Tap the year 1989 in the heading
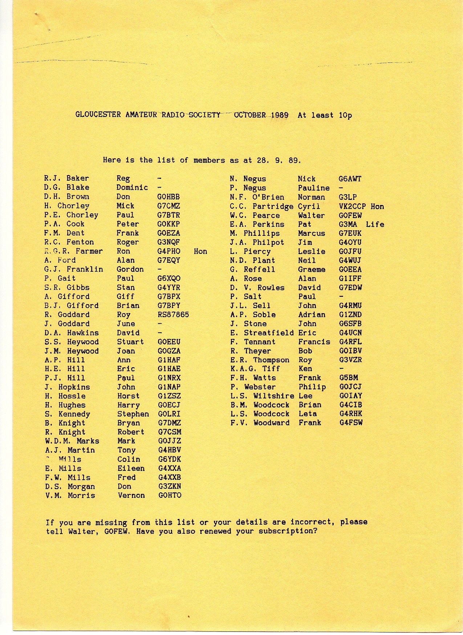280,115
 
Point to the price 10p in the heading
345,115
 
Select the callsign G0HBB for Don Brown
168,197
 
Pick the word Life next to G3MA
375,224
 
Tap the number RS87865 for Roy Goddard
173,315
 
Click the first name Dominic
132,188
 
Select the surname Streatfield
269,333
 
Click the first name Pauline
314,188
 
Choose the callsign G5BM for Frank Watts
349,378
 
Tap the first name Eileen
131,468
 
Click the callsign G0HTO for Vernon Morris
170,495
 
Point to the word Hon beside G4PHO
200,251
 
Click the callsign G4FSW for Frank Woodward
351,423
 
